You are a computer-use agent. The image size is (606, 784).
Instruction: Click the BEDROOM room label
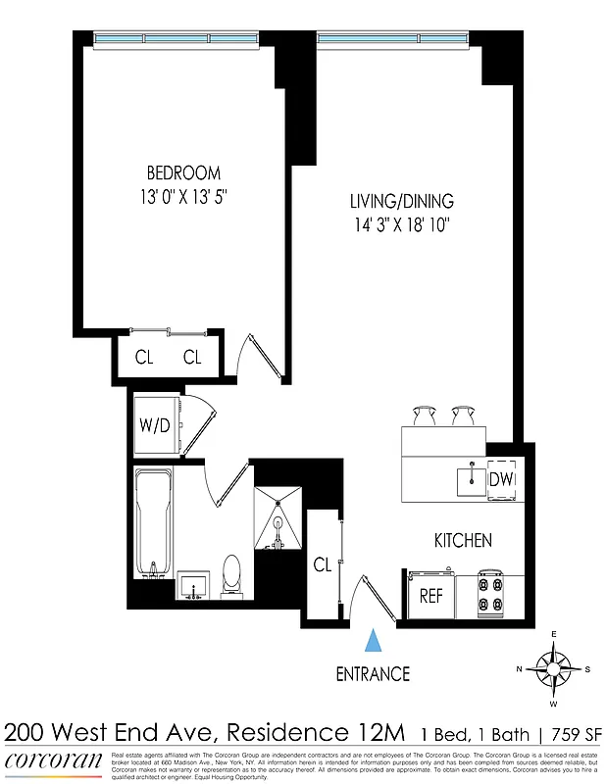point(184,172)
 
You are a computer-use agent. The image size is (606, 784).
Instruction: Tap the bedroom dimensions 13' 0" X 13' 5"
point(184,195)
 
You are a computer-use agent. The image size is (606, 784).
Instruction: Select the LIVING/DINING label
point(402,202)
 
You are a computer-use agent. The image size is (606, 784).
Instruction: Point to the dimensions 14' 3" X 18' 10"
point(402,225)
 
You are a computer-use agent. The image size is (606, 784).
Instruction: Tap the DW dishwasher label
point(501,479)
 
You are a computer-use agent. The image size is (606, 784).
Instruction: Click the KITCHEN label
point(463,540)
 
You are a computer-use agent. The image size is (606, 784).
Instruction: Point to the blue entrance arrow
point(373,641)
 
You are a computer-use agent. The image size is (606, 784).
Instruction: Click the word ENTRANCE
point(373,674)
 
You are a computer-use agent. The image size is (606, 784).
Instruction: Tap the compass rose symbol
point(552,670)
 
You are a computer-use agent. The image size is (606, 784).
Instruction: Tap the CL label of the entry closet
point(322,565)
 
